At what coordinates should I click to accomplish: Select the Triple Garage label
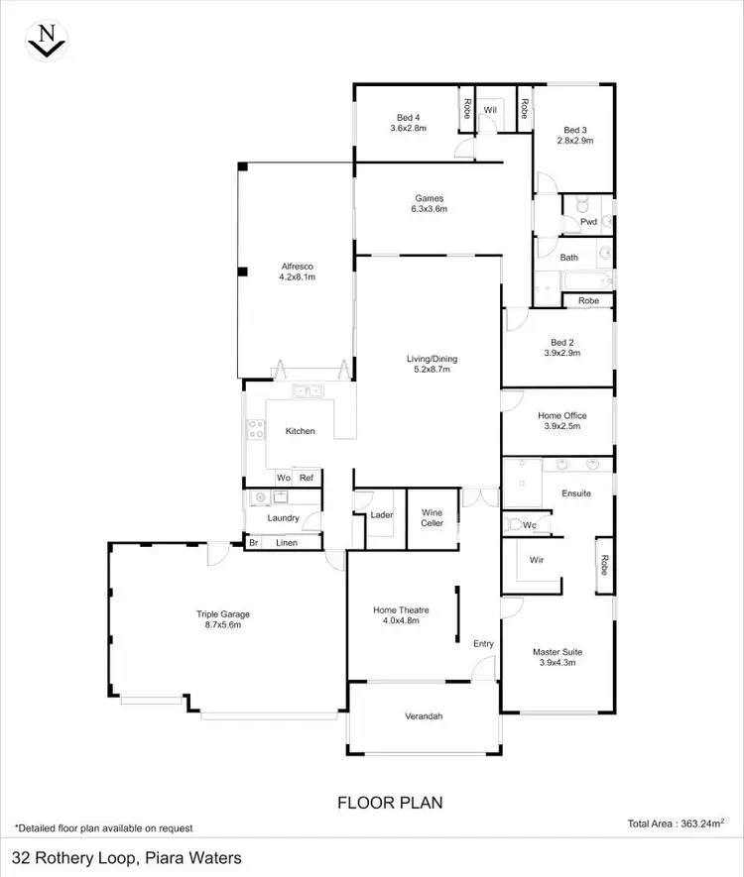point(218,619)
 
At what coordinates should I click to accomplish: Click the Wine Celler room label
point(432,517)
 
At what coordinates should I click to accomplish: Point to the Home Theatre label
point(397,615)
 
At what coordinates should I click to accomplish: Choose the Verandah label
point(424,716)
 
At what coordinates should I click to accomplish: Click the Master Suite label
point(558,657)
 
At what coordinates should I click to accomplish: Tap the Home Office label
point(561,421)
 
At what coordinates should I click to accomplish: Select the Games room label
point(430,203)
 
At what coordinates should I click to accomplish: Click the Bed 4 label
point(407,123)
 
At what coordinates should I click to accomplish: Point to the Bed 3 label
point(577,135)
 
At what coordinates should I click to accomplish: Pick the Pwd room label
point(588,222)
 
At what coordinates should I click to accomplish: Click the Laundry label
point(284,517)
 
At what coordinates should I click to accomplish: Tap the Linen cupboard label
point(287,543)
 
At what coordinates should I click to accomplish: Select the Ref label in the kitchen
point(307,478)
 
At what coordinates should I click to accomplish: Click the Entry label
point(483,644)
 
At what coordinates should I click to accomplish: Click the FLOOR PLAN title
point(390,802)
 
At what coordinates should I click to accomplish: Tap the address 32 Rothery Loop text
point(126,858)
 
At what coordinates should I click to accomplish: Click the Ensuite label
point(576,493)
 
